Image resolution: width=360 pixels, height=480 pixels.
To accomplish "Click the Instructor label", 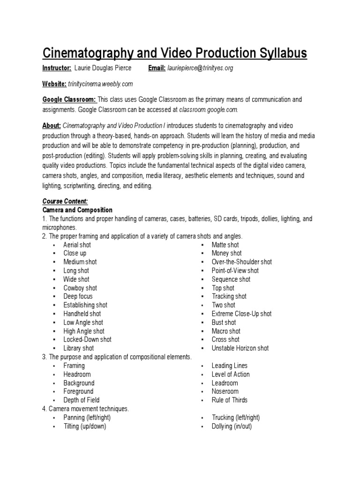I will tap(57, 68).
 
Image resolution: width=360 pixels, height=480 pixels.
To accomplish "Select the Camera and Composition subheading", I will tap(77, 210).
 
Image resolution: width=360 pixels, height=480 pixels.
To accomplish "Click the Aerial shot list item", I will tap(77, 245).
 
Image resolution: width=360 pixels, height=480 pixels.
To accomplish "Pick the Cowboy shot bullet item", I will tap(80, 288).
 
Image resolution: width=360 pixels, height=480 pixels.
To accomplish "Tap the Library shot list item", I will tap(79, 348).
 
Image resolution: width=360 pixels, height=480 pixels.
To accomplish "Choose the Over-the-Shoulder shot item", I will tap(241, 262).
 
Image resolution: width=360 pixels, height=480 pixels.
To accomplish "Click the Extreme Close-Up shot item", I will tap(241, 314).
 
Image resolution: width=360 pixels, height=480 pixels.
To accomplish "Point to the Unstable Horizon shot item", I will tap(240, 348).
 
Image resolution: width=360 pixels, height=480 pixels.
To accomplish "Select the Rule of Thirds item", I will tap(229, 400).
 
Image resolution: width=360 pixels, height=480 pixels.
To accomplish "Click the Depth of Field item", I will tap(81, 400).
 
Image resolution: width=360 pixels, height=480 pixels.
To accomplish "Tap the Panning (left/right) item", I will tap(87, 418).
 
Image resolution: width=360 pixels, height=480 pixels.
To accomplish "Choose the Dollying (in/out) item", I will tap(232, 427).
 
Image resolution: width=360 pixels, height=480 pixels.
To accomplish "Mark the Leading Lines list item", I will tap(229, 366).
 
